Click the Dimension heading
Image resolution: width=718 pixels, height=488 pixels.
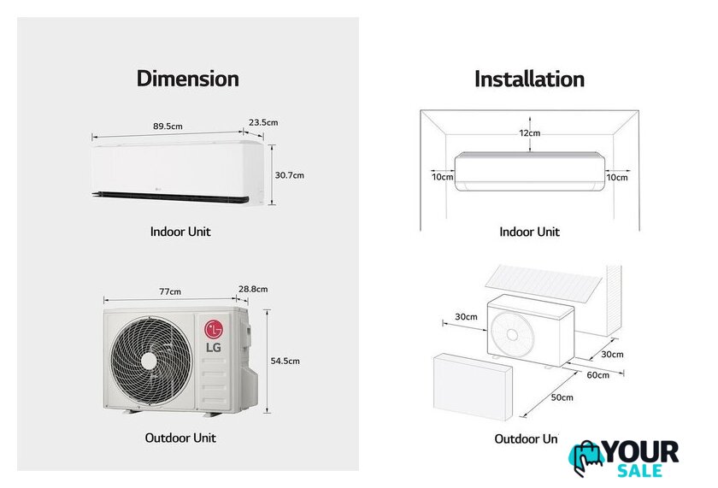187,79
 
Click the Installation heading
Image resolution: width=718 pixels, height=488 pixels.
529,79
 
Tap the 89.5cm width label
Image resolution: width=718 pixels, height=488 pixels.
168,126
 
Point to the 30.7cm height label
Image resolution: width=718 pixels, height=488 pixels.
289,175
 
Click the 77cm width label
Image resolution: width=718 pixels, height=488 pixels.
170,291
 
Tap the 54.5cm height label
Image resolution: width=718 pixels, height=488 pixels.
285,361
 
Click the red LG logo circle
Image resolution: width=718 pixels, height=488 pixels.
213,329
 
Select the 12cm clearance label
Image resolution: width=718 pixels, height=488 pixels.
529,133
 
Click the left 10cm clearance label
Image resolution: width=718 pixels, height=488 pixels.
442,178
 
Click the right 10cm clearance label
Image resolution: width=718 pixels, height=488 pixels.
616,178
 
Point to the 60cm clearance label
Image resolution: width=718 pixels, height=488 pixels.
597,375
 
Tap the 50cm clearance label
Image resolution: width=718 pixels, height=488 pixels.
562,397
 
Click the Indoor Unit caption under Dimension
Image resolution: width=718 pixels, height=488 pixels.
179,232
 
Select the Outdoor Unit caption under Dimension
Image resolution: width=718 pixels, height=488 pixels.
179,438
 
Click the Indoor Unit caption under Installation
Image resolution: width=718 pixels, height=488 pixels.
529,232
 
